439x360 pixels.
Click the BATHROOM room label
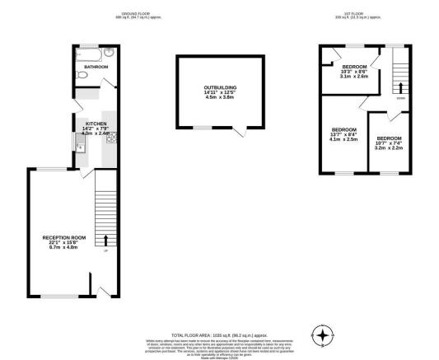tap(96, 68)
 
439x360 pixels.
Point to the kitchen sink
tap(80, 147)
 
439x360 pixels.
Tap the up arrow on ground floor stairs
tap(105, 241)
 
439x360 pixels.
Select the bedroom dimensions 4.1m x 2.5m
tap(344, 139)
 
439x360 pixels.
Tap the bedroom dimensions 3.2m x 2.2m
tap(389, 147)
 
